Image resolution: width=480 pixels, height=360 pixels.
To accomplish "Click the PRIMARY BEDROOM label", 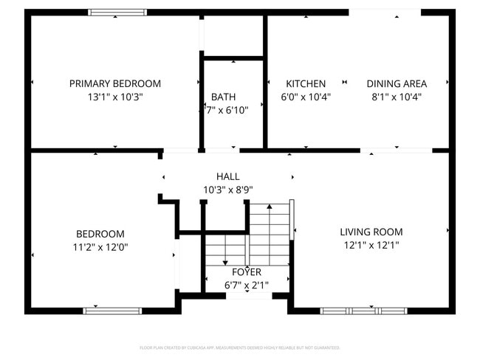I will tap(114, 83).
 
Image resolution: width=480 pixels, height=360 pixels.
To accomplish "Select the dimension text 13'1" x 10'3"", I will tap(114, 97).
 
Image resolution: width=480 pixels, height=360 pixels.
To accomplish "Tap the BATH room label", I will tap(223, 97).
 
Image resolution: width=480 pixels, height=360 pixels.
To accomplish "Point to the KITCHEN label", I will tap(306, 83).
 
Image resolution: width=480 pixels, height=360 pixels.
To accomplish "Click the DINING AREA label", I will tap(397, 83).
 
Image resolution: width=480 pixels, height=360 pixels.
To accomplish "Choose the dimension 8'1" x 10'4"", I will tap(397, 97).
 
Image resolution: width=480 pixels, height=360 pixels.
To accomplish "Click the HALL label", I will tap(227, 176).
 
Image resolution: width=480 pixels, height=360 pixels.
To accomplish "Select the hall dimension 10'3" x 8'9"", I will tap(227, 190).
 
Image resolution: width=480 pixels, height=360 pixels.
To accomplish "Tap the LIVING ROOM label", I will tap(371, 232).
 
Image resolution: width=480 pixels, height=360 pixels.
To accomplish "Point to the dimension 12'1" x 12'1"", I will tap(371, 245).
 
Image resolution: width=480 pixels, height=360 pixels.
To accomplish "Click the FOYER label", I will tap(246, 271).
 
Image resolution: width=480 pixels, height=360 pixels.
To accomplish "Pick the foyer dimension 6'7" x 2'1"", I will tap(246, 285).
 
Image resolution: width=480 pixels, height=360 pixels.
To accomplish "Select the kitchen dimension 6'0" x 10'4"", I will tap(306, 97).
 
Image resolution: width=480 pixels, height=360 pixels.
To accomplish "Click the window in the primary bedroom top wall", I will tap(117, 12).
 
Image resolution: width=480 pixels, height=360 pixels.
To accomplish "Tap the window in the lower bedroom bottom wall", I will tap(112, 311).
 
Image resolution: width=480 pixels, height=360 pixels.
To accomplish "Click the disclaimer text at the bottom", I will tap(239, 347).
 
